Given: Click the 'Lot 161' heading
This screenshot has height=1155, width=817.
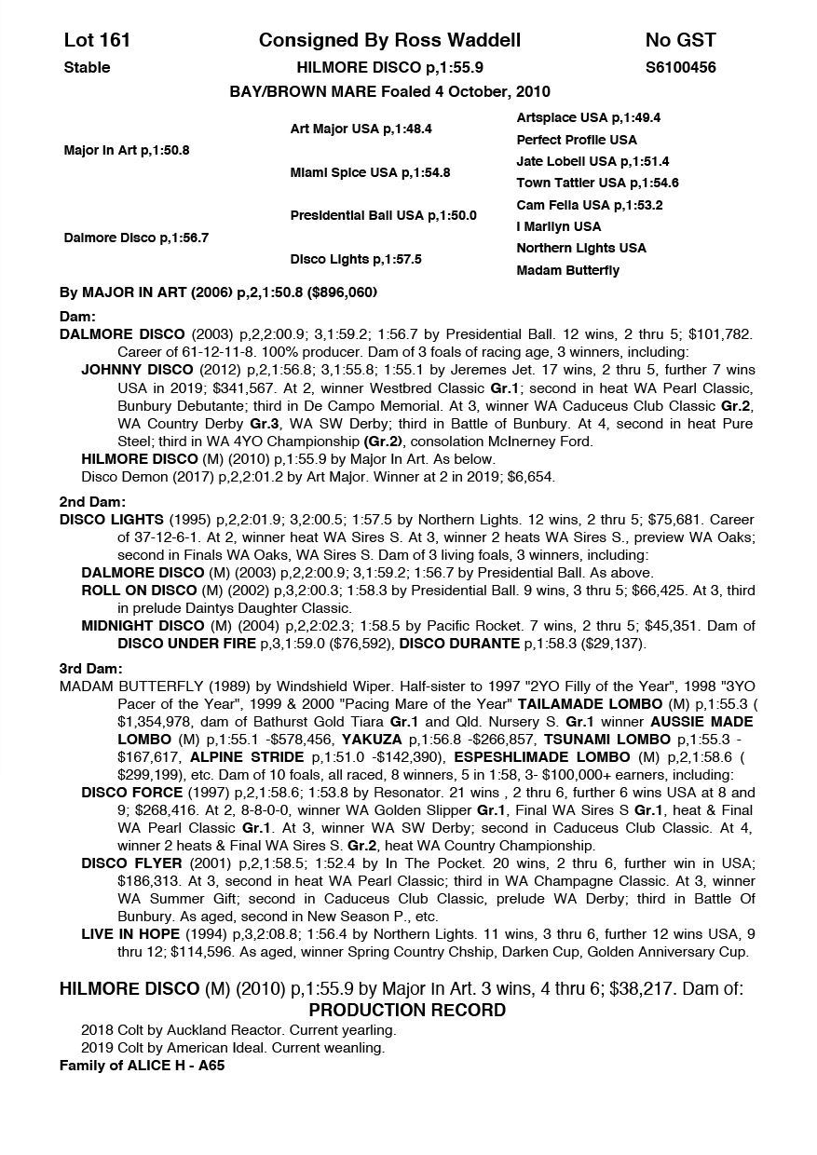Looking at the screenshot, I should coord(97,40).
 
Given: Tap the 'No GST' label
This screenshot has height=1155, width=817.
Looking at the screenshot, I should coord(680,40).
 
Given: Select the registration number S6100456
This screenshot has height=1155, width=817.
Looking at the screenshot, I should coord(680,67).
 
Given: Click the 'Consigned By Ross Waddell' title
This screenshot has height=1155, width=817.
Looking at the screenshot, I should coord(389,40).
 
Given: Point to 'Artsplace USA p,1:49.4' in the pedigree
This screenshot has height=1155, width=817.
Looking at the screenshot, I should coord(588,118).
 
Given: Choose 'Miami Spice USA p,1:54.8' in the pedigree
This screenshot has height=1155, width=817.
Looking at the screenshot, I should coord(370,172).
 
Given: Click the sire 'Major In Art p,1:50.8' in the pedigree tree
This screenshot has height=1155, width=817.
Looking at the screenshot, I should coord(127,150).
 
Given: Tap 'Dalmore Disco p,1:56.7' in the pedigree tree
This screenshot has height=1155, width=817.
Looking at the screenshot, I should coord(136,238).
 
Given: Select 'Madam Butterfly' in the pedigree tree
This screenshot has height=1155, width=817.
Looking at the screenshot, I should coord(567,270).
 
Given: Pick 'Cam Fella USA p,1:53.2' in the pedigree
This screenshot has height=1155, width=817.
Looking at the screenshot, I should coord(589,205).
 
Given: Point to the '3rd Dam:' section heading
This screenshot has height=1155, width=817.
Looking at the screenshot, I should coord(90,669).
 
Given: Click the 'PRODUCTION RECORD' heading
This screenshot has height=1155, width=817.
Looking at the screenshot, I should coord(407,1011).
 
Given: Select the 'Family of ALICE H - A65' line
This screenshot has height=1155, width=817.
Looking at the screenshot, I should coord(142,1066).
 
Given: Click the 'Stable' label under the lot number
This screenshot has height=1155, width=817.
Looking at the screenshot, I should coord(87,67).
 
